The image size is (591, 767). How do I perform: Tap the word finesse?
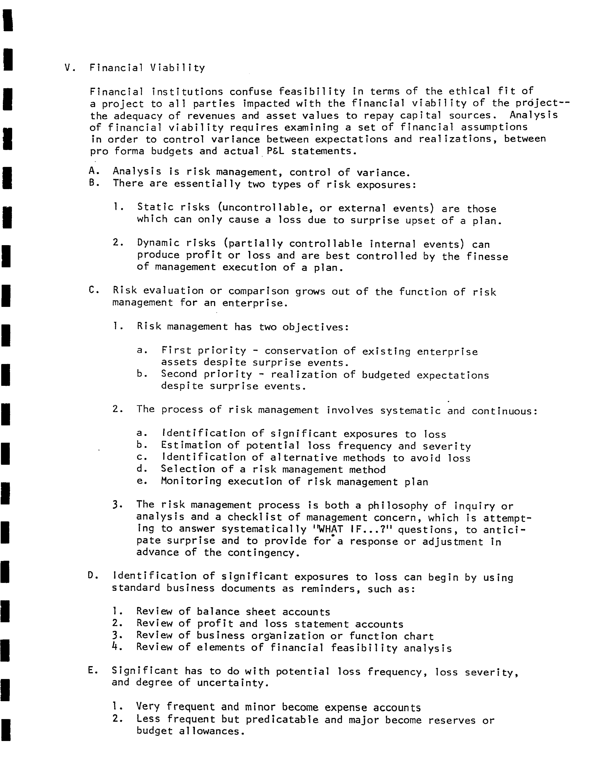click(487, 256)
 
